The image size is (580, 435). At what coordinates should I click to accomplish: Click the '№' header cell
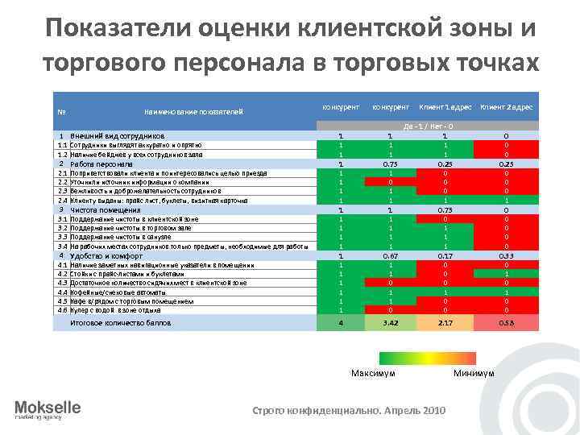point(61,111)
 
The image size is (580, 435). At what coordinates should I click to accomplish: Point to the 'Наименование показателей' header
point(193,111)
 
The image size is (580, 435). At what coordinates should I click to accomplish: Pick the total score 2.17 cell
point(445,322)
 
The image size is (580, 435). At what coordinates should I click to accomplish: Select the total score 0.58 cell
point(506,322)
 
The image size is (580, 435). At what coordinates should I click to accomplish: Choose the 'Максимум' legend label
point(373,373)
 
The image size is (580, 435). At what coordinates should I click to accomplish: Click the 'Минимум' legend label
point(474,373)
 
